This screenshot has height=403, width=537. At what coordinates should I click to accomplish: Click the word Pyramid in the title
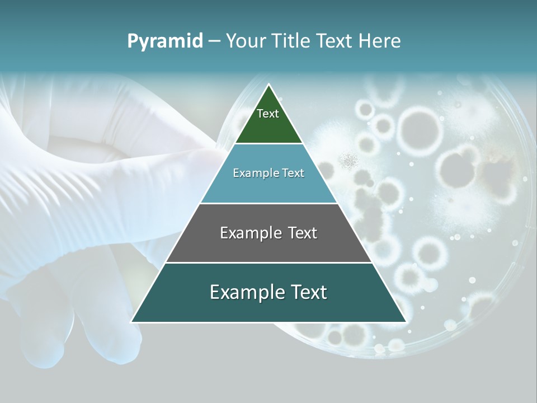(x=164, y=41)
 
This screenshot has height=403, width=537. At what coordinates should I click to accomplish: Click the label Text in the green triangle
(x=268, y=114)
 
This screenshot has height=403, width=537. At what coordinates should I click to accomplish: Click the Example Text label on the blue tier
(x=268, y=173)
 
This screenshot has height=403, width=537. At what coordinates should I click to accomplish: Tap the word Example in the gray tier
(x=244, y=233)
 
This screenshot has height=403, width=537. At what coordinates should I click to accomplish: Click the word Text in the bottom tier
(x=305, y=292)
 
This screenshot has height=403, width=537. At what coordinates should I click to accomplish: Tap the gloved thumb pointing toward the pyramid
(x=168, y=162)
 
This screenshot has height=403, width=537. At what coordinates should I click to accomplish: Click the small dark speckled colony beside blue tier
(x=350, y=161)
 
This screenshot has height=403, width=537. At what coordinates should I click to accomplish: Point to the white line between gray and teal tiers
(x=268, y=263)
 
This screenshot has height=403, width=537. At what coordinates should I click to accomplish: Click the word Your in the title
(x=246, y=41)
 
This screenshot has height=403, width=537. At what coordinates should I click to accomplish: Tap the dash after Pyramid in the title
(x=214, y=41)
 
